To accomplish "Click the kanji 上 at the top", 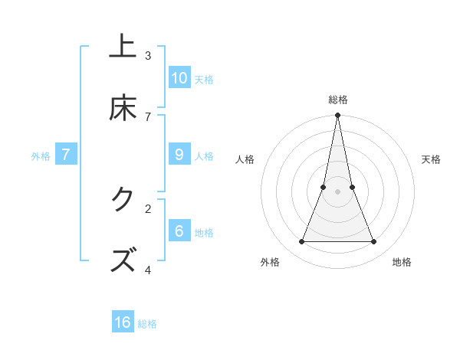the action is pyautogui.click(x=123, y=47).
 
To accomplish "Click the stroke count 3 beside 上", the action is pyautogui.click(x=148, y=55).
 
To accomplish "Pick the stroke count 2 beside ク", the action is pyautogui.click(x=148, y=208).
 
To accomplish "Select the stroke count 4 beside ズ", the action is pyautogui.click(x=148, y=270).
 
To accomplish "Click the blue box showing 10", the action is pyautogui.click(x=179, y=77).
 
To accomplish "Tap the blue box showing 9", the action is pyautogui.click(x=179, y=154).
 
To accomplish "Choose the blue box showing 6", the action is pyautogui.click(x=179, y=231).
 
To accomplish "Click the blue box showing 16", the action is pyautogui.click(x=123, y=322).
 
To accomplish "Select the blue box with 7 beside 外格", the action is pyautogui.click(x=66, y=154).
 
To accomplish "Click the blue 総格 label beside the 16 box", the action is pyautogui.click(x=147, y=324).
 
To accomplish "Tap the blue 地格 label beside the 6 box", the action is pyautogui.click(x=204, y=232).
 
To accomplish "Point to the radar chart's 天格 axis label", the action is pyautogui.click(x=431, y=159).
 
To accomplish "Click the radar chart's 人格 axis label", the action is pyautogui.click(x=245, y=159).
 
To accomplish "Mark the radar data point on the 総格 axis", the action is pyautogui.click(x=337, y=116).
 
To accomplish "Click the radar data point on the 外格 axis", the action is pyautogui.click(x=301, y=242).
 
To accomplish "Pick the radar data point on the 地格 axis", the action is pyautogui.click(x=374, y=242).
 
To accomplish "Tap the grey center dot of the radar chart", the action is pyautogui.click(x=337, y=192).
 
